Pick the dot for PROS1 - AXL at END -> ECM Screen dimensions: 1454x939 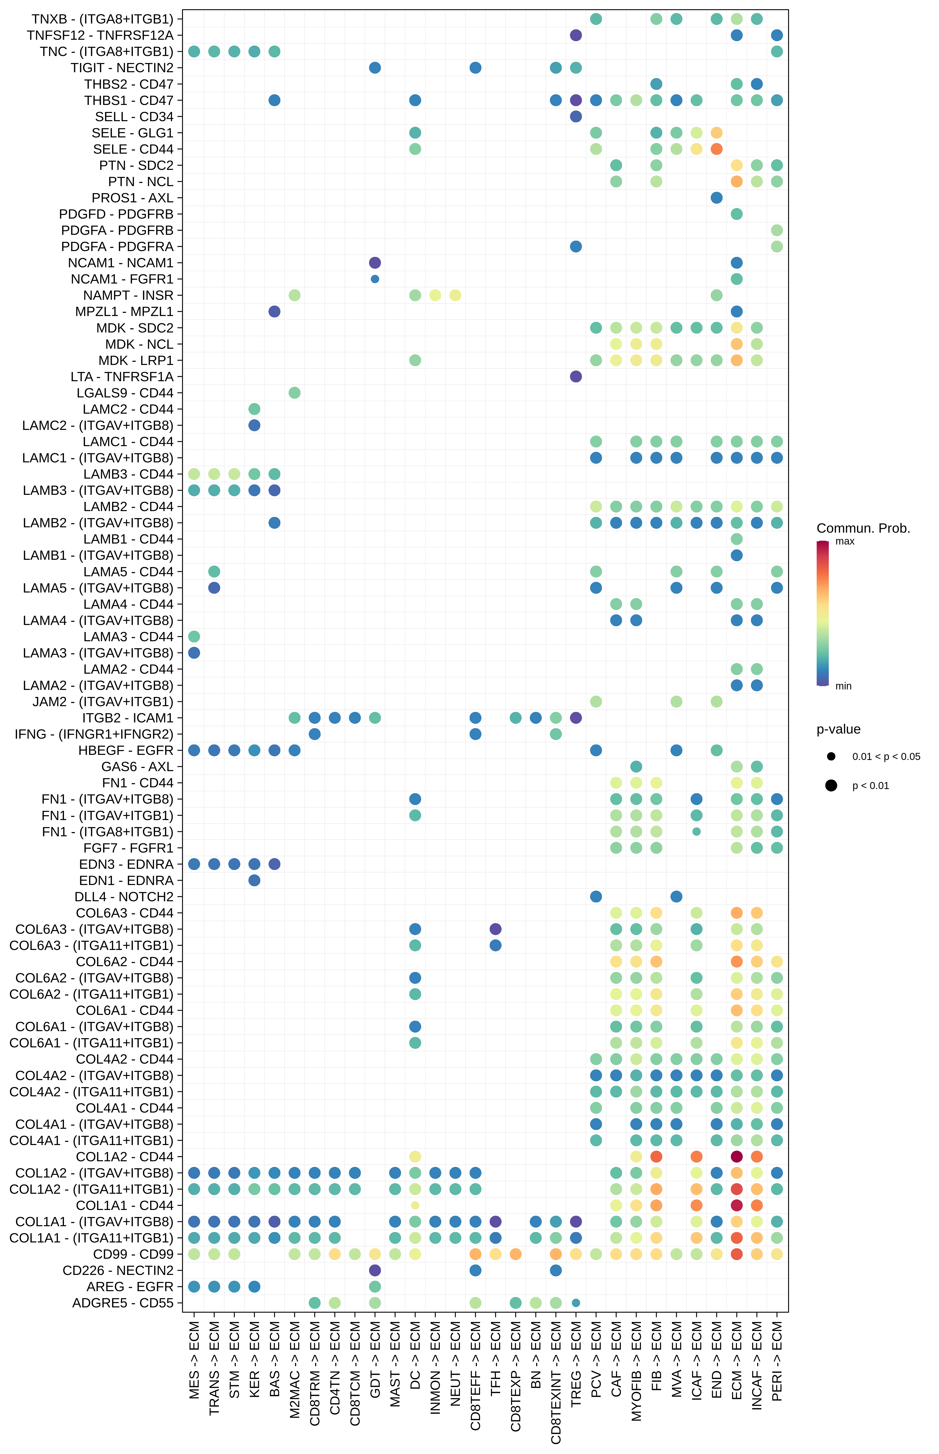[x=717, y=198]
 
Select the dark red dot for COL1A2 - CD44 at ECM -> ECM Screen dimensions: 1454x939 [x=737, y=1156]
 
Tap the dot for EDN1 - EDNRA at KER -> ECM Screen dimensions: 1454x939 [x=254, y=880]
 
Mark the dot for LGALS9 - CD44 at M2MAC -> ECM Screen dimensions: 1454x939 [x=294, y=393]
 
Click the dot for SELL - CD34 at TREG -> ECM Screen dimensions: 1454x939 [x=576, y=117]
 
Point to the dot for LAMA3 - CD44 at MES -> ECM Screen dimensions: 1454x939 [x=194, y=636]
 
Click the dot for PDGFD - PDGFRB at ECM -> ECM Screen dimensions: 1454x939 [x=737, y=214]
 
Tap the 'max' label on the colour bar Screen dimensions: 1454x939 [x=844, y=541]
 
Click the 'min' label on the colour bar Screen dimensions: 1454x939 [x=843, y=686]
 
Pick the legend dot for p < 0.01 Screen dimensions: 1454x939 [x=831, y=785]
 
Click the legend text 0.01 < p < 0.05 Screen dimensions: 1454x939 [x=886, y=757]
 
